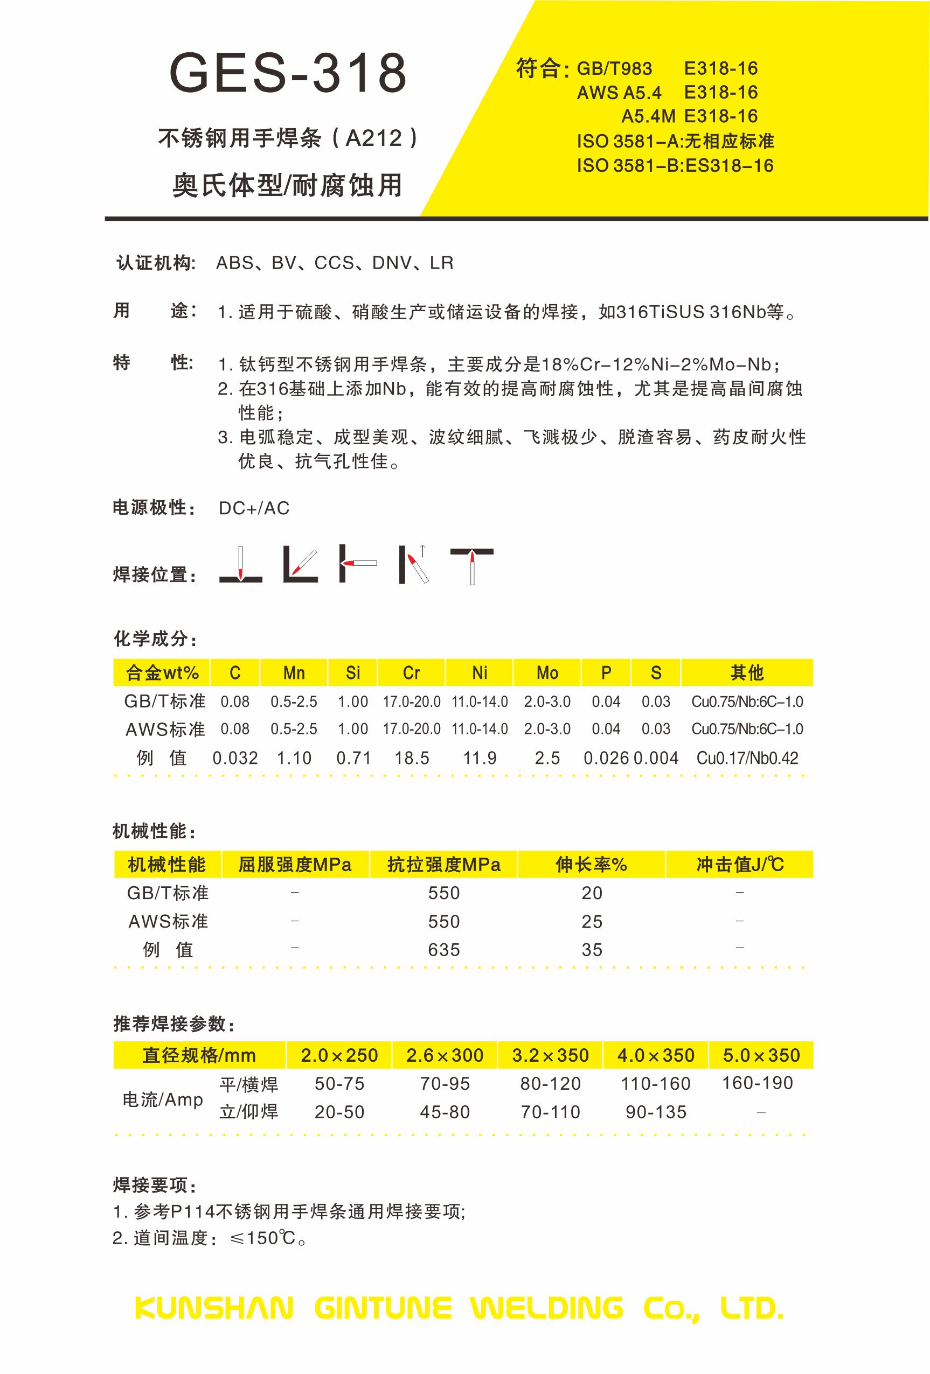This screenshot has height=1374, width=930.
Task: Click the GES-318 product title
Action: [288, 74]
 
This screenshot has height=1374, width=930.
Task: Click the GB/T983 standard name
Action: [614, 69]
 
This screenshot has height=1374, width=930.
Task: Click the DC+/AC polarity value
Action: [254, 508]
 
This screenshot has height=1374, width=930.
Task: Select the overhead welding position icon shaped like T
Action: [471, 565]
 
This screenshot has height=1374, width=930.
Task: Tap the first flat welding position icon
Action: [241, 565]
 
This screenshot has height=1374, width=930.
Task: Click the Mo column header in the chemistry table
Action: [547, 673]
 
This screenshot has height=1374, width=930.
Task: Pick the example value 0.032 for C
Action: [235, 758]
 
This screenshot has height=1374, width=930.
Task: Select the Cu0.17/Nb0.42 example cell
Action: [747, 758]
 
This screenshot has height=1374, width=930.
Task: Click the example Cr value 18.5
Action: [412, 758]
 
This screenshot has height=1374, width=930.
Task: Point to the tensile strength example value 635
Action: [443, 950]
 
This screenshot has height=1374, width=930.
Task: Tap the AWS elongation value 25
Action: [592, 921]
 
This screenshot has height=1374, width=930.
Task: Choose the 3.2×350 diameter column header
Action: [550, 1055]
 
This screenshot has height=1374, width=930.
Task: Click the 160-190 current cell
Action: [757, 1083]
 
